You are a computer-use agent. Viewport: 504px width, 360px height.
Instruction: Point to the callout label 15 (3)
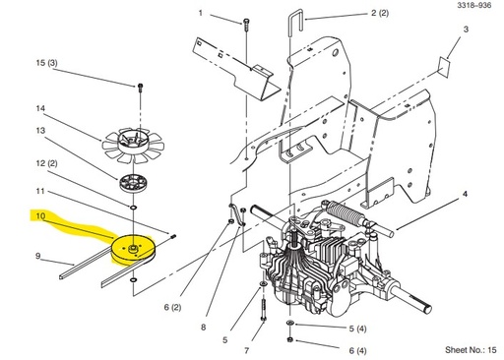coord(46,64)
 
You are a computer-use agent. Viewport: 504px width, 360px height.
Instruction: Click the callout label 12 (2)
coord(46,163)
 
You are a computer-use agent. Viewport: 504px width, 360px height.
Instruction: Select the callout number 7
coord(247,348)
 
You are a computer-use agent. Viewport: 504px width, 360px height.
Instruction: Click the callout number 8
coord(205,327)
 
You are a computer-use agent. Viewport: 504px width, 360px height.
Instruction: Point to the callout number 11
coord(40,190)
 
